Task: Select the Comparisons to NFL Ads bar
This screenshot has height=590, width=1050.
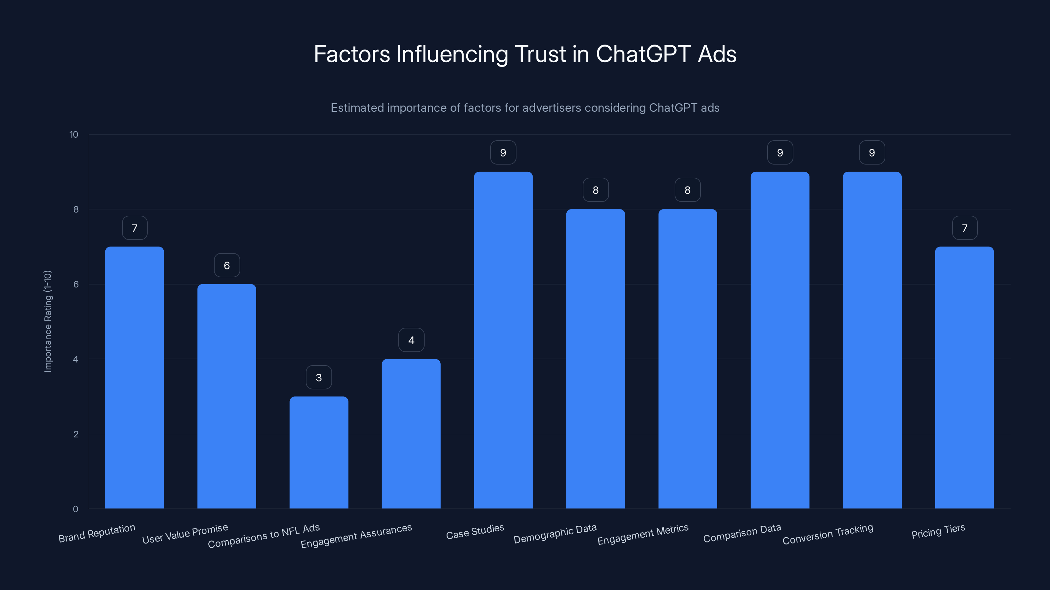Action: (x=319, y=452)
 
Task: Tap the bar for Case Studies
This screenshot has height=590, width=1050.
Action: (x=503, y=340)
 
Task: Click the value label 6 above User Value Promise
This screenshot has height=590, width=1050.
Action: (x=227, y=265)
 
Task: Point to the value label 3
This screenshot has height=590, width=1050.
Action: (x=319, y=378)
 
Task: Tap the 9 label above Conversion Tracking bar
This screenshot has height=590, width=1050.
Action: (x=872, y=153)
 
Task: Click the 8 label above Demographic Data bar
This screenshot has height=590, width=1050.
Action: (x=596, y=190)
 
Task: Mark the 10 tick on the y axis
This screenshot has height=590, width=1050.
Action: (x=74, y=135)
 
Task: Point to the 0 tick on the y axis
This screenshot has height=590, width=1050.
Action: (x=75, y=509)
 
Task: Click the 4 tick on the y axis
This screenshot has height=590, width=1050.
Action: (x=76, y=359)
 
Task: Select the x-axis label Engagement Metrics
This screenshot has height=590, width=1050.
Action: (x=643, y=534)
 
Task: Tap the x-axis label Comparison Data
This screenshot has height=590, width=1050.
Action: (x=742, y=533)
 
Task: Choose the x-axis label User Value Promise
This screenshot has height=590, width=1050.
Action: (x=185, y=534)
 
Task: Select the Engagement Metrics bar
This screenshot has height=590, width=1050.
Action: (x=688, y=359)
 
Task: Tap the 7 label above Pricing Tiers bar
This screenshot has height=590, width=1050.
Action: (x=964, y=228)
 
